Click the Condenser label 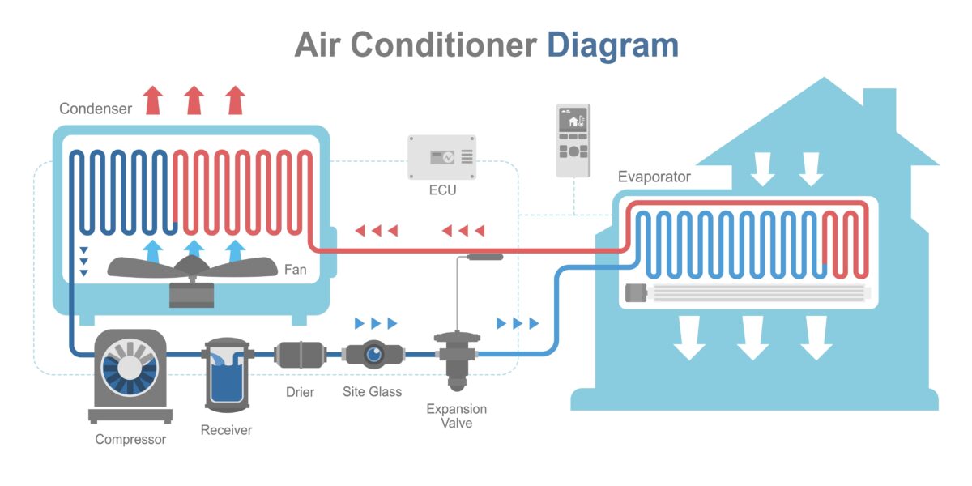coord(95,109)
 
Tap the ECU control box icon coord(441,157)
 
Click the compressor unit coord(130,373)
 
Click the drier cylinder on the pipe coord(300,354)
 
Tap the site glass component coord(373,354)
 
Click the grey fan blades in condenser coord(192,268)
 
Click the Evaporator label coord(654,177)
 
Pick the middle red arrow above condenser coord(194,100)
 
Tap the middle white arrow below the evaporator coord(752,337)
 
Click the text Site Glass coord(372,392)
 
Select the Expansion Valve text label coord(457,416)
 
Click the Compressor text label coord(130,439)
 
